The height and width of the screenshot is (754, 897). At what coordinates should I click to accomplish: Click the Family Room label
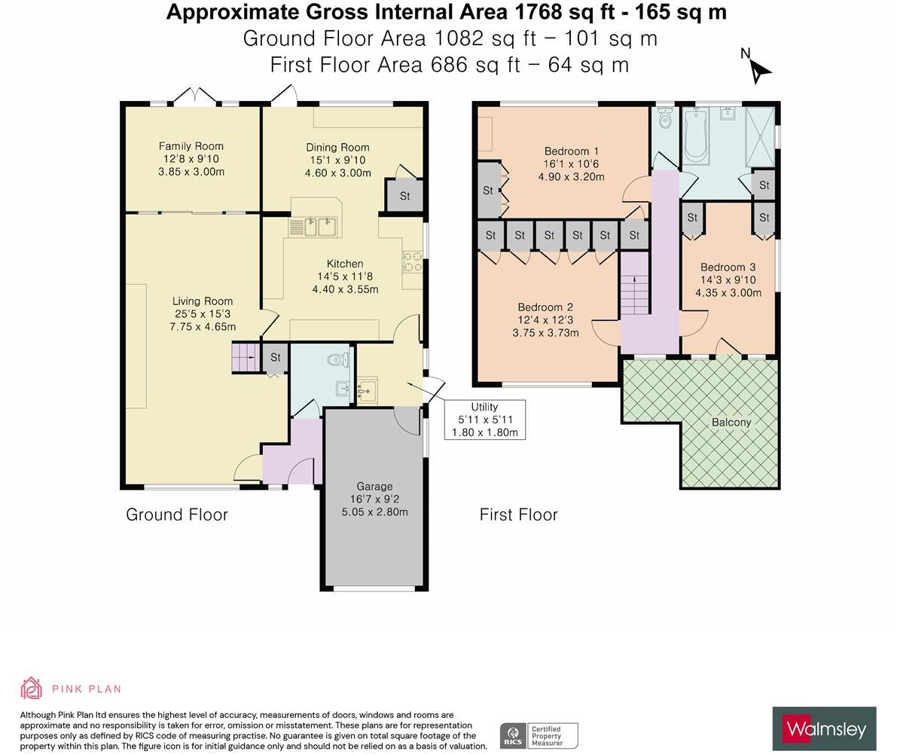191,146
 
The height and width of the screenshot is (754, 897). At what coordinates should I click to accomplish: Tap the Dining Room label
337,148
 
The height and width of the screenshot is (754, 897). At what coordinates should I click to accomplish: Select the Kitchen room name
345,264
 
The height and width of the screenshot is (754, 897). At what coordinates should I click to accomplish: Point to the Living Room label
203,301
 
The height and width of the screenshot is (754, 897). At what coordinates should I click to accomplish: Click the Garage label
375,487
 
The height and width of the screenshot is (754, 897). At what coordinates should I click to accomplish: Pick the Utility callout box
485,420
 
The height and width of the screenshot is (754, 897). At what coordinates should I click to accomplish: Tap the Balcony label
731,422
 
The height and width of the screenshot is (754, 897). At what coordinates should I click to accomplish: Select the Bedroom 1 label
572,151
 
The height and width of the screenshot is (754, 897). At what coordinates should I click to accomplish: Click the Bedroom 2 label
546,307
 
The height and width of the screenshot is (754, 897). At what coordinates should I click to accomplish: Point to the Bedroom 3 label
728,267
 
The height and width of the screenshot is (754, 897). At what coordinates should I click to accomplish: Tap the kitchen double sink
319,227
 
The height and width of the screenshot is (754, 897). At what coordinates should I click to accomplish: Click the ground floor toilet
338,359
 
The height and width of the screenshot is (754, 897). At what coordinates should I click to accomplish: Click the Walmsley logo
825,729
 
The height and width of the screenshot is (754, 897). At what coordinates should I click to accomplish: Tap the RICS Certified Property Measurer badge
539,736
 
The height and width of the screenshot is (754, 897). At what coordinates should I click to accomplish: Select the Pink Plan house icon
31,688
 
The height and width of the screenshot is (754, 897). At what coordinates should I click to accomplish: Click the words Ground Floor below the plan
177,515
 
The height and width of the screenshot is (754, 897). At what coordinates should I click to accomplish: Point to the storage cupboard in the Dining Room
404,196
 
